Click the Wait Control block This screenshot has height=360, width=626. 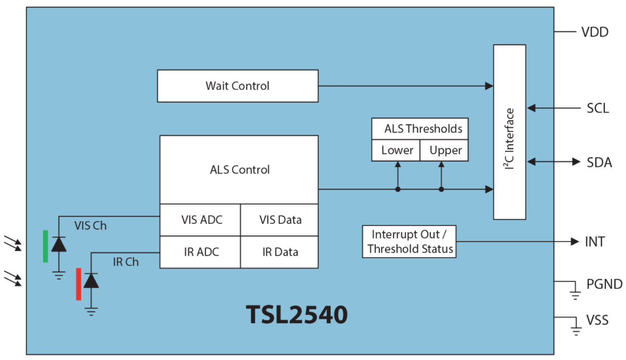[x=238, y=86]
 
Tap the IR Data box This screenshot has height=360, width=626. [x=280, y=252]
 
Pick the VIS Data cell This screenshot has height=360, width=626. [x=280, y=220]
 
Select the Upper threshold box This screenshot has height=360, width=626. [x=445, y=151]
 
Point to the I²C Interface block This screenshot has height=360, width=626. [x=509, y=132]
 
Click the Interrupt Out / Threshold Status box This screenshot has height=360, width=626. [x=410, y=242]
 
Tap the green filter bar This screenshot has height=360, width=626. [x=46, y=246]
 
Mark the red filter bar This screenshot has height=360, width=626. [x=78, y=284]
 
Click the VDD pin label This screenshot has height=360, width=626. [x=594, y=32]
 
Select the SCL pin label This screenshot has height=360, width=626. [x=597, y=109]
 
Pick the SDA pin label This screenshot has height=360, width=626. [x=599, y=163]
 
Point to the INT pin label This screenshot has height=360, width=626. [x=595, y=242]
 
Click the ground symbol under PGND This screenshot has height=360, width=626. [x=575, y=295]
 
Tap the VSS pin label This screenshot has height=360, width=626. [x=597, y=319]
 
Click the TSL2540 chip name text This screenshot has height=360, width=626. [x=296, y=315]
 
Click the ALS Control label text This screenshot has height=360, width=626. [x=240, y=170]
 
